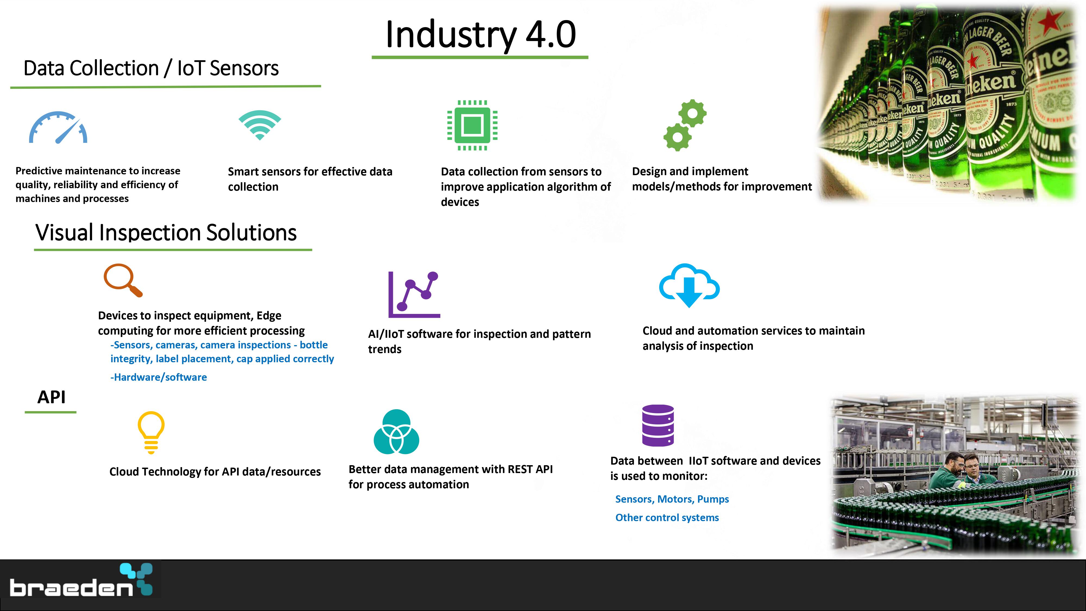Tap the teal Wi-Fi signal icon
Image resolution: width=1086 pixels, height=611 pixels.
click(x=260, y=125)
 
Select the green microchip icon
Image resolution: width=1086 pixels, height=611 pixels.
click(x=472, y=125)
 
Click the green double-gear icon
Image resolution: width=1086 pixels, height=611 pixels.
click(x=685, y=125)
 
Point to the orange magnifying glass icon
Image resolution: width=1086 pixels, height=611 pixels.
click(x=123, y=280)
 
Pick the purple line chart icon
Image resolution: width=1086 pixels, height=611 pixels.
click(x=414, y=294)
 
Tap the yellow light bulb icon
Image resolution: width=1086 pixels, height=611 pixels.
click(x=151, y=432)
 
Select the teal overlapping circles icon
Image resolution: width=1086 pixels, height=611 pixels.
click(x=396, y=432)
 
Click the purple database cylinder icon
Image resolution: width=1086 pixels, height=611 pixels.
click(x=658, y=425)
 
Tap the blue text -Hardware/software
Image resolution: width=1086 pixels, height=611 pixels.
click(x=159, y=377)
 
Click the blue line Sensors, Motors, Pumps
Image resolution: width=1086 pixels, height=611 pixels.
click(x=672, y=499)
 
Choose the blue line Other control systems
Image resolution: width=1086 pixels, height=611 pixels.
click(x=667, y=518)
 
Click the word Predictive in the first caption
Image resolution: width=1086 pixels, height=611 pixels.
click(x=38, y=171)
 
